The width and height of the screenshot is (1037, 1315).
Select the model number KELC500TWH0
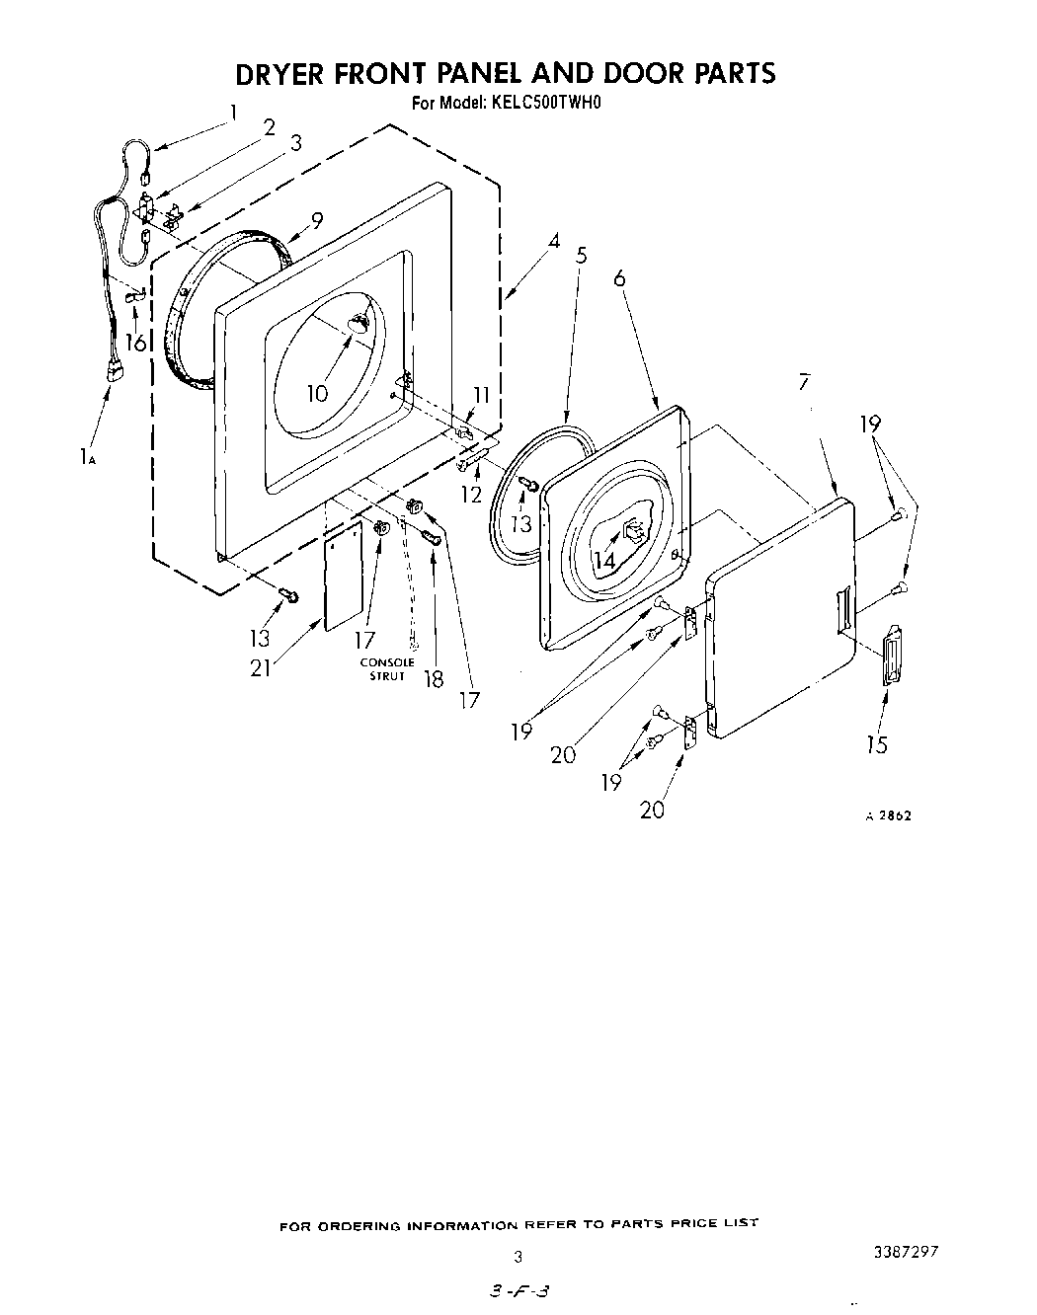pyautogui.click(x=545, y=101)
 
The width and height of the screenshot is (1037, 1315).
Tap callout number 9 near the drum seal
pyautogui.click(x=317, y=221)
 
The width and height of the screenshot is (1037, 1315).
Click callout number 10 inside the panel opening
pyautogui.click(x=316, y=393)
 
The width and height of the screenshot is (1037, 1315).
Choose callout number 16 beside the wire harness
pyautogui.click(x=135, y=343)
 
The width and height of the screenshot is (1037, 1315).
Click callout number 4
pyautogui.click(x=554, y=240)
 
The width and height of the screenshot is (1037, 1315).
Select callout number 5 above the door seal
pyautogui.click(x=582, y=256)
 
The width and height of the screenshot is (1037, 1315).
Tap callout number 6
pyautogui.click(x=619, y=278)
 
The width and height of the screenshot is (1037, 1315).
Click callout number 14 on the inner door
pyautogui.click(x=604, y=559)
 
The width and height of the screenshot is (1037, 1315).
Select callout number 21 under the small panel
pyautogui.click(x=260, y=667)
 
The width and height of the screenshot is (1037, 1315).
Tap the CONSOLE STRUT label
pyautogui.click(x=387, y=668)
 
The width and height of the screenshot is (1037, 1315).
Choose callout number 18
pyautogui.click(x=433, y=679)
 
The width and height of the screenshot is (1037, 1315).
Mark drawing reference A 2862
pyautogui.click(x=888, y=816)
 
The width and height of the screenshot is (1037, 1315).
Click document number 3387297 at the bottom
pyautogui.click(x=904, y=1251)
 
